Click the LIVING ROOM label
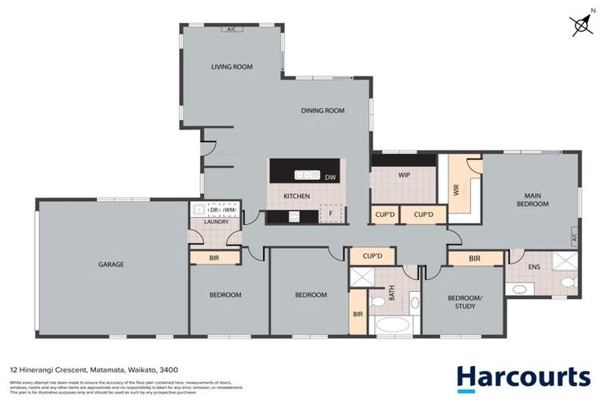tap(232, 67)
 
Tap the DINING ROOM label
tap(323, 111)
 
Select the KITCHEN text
tap(296, 196)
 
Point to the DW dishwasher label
tap(330, 177)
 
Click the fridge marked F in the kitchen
tap(330, 213)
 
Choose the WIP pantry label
tap(403, 175)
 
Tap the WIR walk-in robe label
tap(456, 189)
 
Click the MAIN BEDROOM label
tap(532, 199)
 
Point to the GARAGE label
tap(111, 264)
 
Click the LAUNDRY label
tap(216, 222)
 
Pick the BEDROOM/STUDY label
tap(462, 302)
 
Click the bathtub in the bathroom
tap(393, 325)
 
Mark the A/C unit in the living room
tap(232, 30)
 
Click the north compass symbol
tap(581, 24)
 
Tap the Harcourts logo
tap(523, 378)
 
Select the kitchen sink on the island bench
tap(304, 175)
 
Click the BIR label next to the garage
tap(214, 258)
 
